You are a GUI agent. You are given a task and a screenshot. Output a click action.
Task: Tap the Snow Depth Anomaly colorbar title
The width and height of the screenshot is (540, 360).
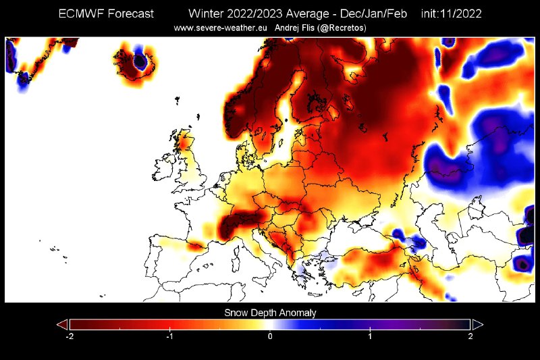pos(270,313)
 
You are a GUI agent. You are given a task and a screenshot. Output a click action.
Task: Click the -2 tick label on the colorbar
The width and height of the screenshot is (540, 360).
pos(69,336)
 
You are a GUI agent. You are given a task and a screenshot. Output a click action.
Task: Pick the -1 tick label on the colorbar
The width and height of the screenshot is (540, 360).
pos(169,336)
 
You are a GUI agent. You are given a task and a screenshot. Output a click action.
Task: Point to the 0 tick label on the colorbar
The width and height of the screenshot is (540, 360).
pos(270,336)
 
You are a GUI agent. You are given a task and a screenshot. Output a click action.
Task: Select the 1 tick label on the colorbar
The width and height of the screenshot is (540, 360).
pos(370,336)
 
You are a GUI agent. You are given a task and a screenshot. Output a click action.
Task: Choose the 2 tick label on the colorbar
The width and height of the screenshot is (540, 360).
pos(470,336)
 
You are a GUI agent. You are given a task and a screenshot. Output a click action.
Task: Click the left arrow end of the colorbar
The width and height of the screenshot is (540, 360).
pos(61,324)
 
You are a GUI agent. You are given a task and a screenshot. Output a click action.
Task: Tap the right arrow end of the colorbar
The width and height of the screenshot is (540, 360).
pos(478,324)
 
